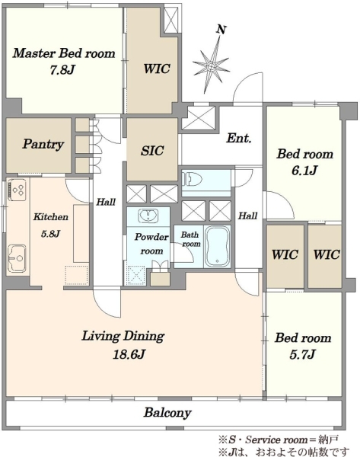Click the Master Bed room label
[64, 53]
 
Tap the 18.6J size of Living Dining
[129, 354]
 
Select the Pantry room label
[43, 144]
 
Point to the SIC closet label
[152, 150]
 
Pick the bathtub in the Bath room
[217, 246]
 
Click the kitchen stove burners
[18, 190]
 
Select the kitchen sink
[18, 258]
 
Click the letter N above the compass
[221, 30]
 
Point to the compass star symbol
[212, 66]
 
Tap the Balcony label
[167, 413]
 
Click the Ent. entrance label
[239, 138]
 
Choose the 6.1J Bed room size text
[304, 170]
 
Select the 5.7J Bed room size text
[302, 354]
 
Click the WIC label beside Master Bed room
[157, 69]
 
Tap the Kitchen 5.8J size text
[51, 234]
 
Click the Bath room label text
[191, 239]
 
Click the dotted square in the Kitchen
[76, 275]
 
